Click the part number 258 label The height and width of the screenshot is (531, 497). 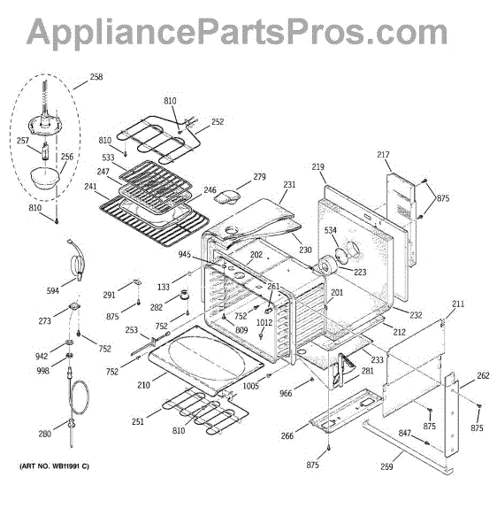96,77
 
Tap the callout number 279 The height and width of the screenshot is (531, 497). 259,177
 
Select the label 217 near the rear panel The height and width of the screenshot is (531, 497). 383,155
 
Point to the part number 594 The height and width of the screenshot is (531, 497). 53,290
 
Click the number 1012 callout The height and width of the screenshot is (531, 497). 264,322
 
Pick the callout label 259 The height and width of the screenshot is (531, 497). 386,466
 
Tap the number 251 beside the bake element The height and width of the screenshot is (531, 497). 138,421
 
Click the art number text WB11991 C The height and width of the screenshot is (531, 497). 54,466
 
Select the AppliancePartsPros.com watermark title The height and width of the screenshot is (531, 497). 237,32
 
